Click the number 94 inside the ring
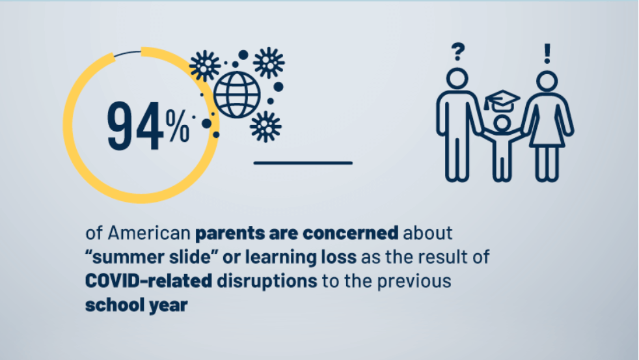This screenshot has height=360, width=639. (x=135, y=126)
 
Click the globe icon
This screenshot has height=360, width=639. (x=237, y=94)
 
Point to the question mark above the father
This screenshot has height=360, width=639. (x=458, y=51)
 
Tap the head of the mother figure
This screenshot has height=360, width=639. (x=547, y=81)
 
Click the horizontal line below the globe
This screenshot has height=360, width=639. (x=303, y=163)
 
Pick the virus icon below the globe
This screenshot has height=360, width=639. (x=265, y=126)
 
